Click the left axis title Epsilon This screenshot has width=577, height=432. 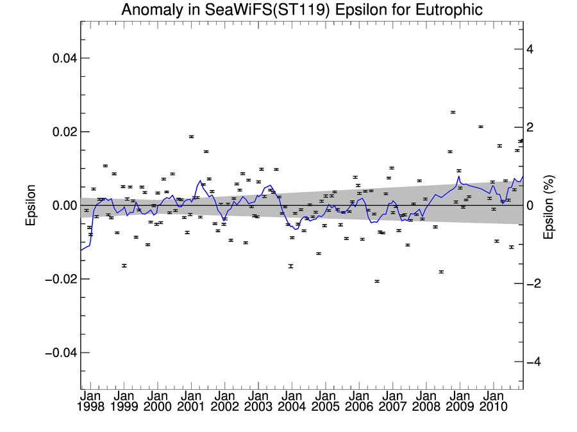[x=30, y=205]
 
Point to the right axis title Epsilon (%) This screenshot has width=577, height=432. [x=548, y=205]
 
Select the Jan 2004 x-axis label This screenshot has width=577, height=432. [x=291, y=401]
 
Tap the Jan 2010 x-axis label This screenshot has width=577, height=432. [x=492, y=401]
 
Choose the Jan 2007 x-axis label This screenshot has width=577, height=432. [x=392, y=401]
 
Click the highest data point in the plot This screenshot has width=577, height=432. [x=453, y=112]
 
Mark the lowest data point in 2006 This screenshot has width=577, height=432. [x=377, y=281]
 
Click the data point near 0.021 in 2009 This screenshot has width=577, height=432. [x=480, y=127]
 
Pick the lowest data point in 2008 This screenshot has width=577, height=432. [x=441, y=272]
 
